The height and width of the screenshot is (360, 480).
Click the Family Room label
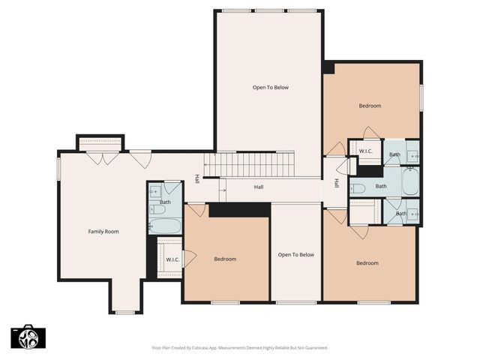[103, 232]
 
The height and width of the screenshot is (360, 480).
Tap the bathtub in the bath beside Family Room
[164, 225]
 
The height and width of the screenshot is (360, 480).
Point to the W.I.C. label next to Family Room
[172, 260]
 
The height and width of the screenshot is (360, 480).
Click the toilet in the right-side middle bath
[358, 187]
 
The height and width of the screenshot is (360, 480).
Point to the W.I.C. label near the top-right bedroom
[366, 151]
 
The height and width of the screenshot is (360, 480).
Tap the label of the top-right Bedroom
[370, 106]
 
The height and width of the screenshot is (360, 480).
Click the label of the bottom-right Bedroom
[367, 263]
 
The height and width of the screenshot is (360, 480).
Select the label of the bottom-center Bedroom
[225, 259]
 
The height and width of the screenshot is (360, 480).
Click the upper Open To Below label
[270, 88]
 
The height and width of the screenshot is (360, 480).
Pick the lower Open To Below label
[295, 255]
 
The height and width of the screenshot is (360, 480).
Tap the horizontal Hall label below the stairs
[259, 187]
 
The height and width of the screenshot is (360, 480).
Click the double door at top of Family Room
[102, 158]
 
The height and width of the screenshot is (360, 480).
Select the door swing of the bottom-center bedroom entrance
[196, 210]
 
